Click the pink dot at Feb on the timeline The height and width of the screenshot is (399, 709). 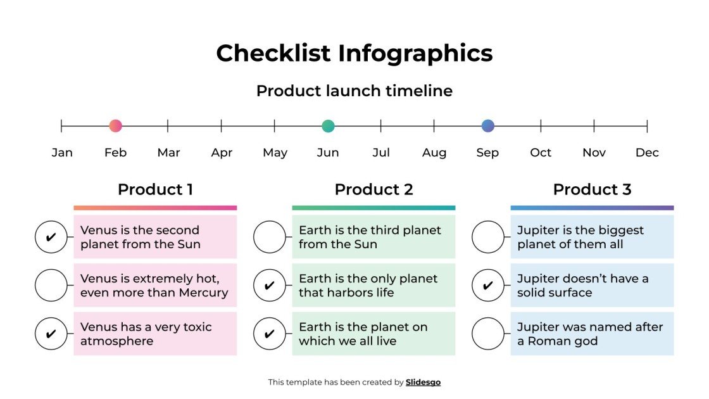point(115,125)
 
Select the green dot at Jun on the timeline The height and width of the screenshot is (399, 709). point(328,125)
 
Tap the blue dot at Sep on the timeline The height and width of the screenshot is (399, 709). point(487,125)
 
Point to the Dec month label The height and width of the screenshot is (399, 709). point(647,153)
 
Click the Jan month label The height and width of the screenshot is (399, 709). point(62,153)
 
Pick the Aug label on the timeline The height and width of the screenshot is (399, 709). point(434,153)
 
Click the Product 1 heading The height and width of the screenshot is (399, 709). point(155,189)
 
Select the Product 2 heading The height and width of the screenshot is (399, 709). point(373,189)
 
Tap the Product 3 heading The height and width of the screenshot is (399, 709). point(592,189)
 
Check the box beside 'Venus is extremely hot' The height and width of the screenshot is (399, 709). point(51,285)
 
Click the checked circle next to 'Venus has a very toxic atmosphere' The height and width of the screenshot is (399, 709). point(51,334)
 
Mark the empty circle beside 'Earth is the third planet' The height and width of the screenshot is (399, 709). point(269,237)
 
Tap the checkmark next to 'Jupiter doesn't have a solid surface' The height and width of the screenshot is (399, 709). point(487,285)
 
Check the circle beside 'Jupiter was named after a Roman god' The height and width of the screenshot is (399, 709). point(487,334)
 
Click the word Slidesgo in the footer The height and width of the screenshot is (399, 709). point(423,382)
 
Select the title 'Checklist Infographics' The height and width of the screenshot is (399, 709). point(354,53)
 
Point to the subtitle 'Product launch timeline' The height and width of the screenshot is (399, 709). point(354,91)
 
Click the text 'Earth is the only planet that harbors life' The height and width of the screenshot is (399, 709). point(368,286)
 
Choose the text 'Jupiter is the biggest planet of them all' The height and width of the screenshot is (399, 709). point(580,237)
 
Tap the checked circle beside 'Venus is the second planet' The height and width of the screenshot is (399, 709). point(51,237)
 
